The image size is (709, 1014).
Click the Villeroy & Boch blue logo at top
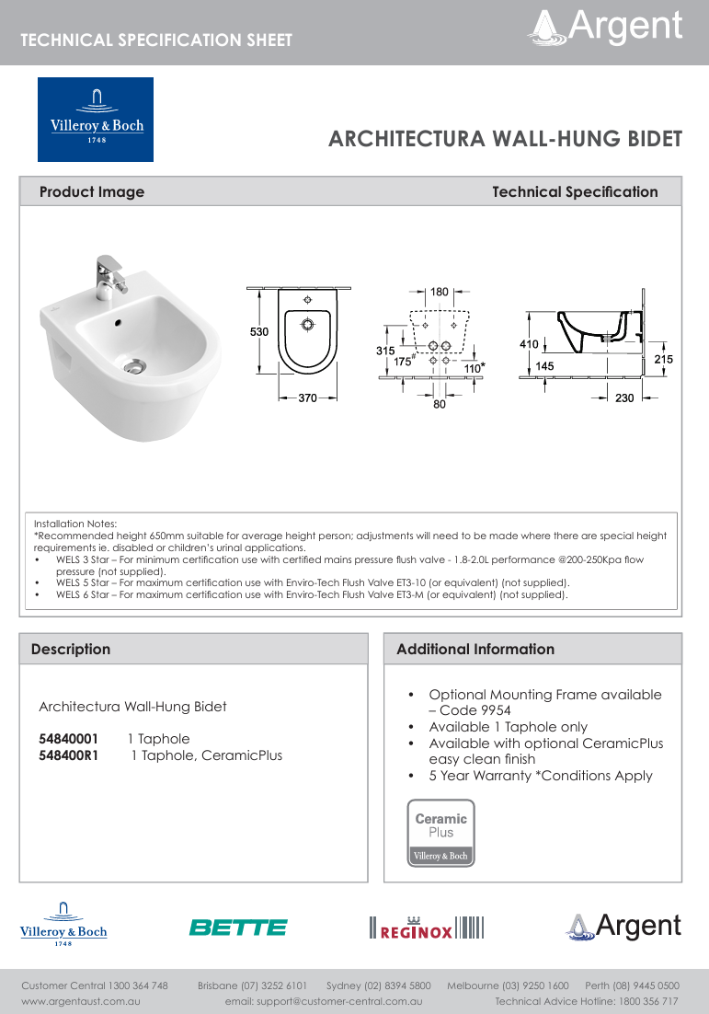95,120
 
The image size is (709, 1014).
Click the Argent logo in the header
605,27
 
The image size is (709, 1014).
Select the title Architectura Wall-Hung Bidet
505,139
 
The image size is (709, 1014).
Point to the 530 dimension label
259,331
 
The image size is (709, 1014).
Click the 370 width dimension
307,398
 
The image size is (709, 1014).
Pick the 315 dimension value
385,351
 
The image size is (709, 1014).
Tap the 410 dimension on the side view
528,344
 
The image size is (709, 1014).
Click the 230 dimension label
624,398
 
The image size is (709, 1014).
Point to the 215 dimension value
663,359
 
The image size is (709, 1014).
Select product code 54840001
68,739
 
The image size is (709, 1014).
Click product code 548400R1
69,755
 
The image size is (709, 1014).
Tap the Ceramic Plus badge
440,833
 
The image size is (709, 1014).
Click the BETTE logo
238,928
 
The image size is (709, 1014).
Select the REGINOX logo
426,928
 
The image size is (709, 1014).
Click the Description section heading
71,649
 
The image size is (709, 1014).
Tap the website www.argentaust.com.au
81,1000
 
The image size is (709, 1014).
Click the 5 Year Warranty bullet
540,776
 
